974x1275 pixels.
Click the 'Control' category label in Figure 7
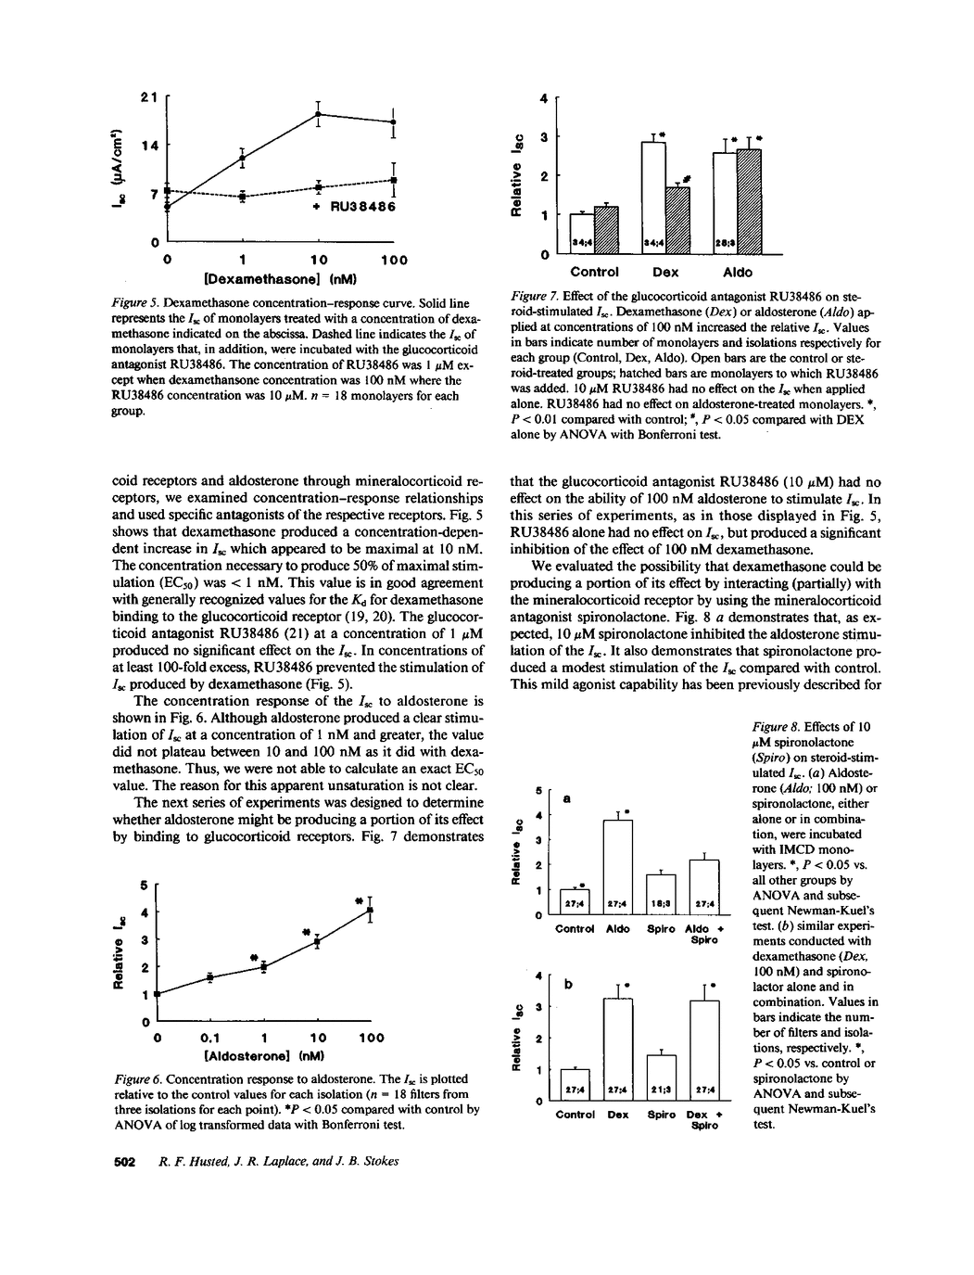[x=594, y=273]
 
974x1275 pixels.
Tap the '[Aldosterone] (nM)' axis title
[x=263, y=1055]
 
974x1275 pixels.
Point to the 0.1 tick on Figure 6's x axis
[x=210, y=1038]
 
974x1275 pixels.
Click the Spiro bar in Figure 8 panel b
[x=662, y=1077]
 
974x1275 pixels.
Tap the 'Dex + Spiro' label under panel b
[x=705, y=1120]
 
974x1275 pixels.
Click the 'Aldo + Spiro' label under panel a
[x=705, y=934]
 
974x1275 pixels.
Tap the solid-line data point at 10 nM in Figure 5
[x=318, y=114]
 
